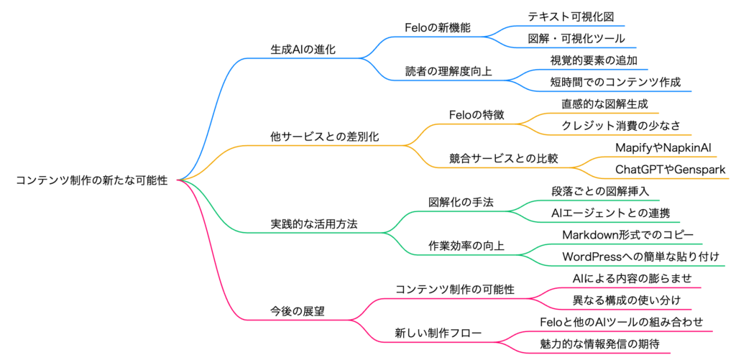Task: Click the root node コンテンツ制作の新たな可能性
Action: click(x=91, y=180)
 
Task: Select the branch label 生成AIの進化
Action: click(x=303, y=50)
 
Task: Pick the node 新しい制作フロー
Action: click(x=437, y=333)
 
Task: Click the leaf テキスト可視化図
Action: click(x=571, y=17)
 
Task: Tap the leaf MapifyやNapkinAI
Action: click(x=663, y=147)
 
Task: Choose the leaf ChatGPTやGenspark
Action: click(x=670, y=170)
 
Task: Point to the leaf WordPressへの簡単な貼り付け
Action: click(x=640, y=257)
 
